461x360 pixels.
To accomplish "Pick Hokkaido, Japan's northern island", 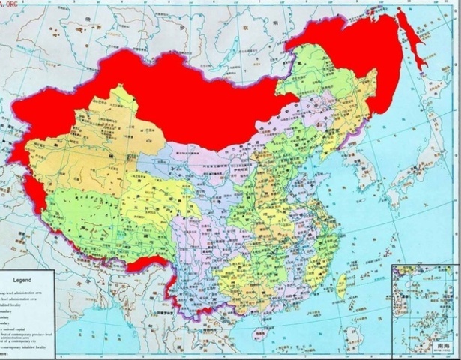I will tap(435, 127).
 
